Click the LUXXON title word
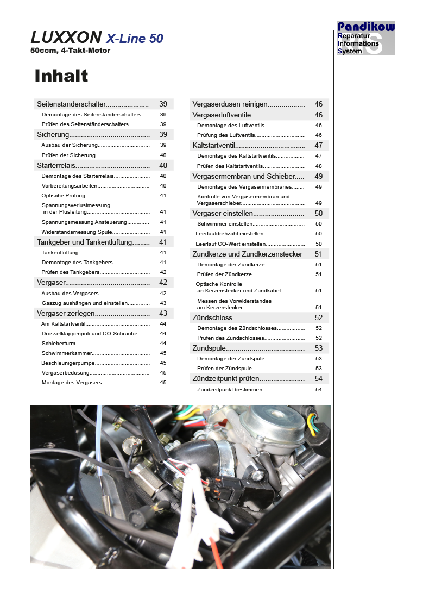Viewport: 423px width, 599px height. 66,38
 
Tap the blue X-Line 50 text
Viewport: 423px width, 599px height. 134,38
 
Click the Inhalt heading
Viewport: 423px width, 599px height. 61,76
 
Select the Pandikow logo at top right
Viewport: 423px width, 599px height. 366,38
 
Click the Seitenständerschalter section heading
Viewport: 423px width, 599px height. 71,104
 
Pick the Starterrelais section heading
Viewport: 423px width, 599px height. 56,165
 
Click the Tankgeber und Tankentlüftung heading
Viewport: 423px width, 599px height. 84,242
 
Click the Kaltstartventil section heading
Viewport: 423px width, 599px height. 213,145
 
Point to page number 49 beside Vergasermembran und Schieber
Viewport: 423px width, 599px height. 318,176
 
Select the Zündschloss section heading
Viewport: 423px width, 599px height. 212,317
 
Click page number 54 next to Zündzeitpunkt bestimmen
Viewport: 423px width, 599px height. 318,390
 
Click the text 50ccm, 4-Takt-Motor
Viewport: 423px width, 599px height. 71,51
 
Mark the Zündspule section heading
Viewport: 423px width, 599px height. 209,348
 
